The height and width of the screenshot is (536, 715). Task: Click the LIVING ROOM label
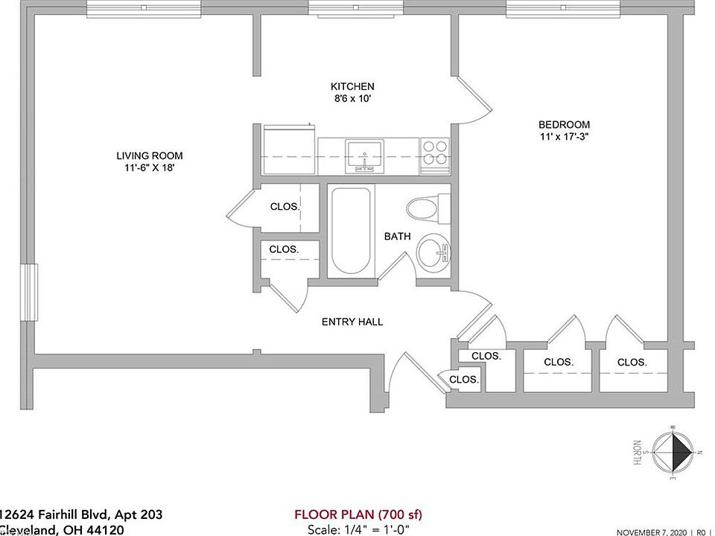point(149,156)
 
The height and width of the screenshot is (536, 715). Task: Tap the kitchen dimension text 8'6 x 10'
point(353,98)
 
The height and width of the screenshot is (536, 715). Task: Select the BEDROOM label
point(565,124)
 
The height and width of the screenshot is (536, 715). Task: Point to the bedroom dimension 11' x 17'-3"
point(565,137)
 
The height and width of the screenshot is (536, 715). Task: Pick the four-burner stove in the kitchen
point(436,153)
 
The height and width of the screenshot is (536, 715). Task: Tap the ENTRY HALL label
point(352,322)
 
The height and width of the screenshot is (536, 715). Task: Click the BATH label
point(397,237)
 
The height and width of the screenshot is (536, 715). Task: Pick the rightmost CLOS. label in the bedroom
point(632,362)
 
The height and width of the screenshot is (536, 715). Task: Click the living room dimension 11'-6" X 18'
point(149,168)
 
